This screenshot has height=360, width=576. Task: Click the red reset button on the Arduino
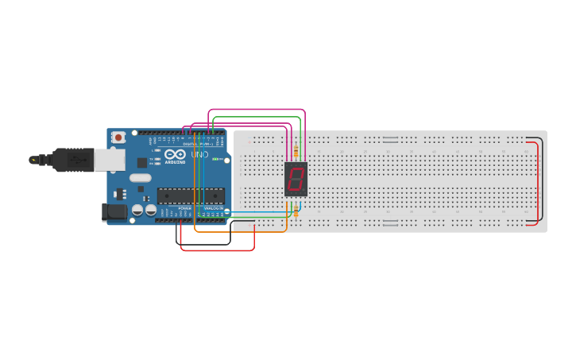point(118,137)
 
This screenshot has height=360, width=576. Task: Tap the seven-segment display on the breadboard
point(296,179)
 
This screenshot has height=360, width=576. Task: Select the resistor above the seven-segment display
point(296,150)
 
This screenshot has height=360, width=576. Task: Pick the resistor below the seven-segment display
point(296,211)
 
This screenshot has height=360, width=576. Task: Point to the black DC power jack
point(114,211)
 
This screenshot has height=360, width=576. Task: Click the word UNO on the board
point(199,153)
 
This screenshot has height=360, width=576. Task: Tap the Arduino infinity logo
point(176,153)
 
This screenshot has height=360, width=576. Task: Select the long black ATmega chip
point(191,195)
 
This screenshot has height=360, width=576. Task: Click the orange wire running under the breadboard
point(238,232)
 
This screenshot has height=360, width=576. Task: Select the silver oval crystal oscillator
point(140,178)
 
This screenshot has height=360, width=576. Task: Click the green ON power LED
point(215,159)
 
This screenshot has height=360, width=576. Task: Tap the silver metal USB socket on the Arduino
point(109,161)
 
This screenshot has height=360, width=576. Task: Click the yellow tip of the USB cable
point(33,160)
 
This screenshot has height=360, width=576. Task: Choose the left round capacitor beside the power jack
point(137,211)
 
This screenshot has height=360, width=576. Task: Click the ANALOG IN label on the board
point(213,208)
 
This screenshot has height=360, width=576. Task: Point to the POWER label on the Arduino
point(184,208)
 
